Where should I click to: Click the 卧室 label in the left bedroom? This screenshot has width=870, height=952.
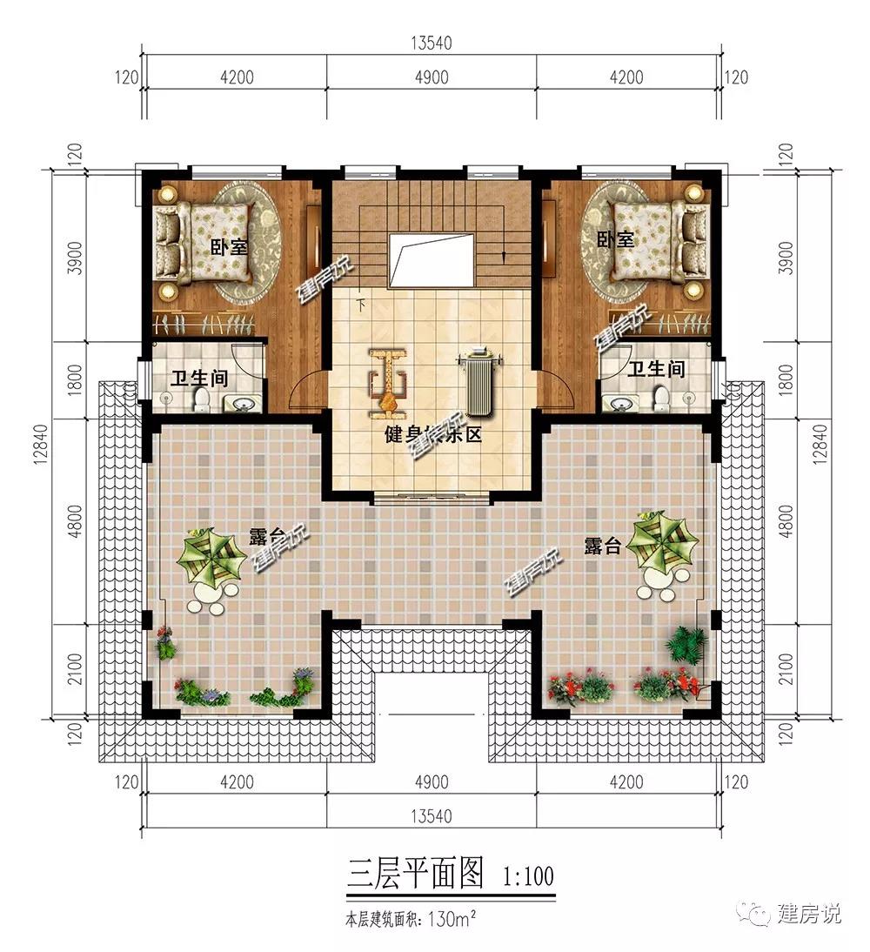(x=230, y=247)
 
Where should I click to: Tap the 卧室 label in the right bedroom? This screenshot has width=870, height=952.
(x=615, y=239)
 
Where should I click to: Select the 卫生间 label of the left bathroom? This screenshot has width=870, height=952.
(x=199, y=379)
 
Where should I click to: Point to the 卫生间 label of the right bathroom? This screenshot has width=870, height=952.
(x=656, y=369)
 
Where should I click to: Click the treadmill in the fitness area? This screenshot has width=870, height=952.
(x=479, y=380)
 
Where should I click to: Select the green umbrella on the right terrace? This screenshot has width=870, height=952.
(x=662, y=542)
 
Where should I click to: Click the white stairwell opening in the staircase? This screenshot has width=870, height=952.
(x=432, y=259)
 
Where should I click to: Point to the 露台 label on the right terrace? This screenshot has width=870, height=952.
(x=602, y=546)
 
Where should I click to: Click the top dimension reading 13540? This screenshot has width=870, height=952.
(x=431, y=44)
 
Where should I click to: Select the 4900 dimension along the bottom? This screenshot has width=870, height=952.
(x=432, y=782)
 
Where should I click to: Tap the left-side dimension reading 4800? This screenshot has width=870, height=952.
(x=75, y=521)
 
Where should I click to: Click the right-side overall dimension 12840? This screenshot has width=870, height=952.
(x=819, y=445)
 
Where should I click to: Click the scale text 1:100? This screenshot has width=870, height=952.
(x=528, y=876)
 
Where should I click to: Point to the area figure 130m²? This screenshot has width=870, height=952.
(x=452, y=919)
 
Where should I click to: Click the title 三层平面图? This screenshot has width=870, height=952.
(x=416, y=874)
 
